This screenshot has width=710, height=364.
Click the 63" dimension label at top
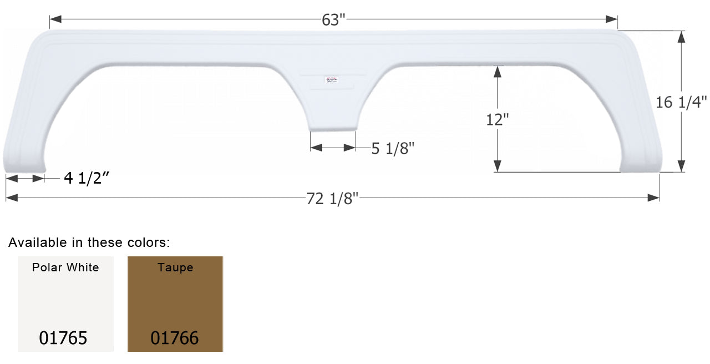(333, 19)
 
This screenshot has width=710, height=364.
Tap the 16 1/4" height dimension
(681, 102)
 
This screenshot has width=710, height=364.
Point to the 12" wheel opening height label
(498, 119)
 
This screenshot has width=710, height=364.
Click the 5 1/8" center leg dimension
(393, 149)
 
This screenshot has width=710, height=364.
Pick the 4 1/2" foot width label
(87, 179)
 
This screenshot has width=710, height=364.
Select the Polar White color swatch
(65, 304)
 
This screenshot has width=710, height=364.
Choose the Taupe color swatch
(175, 304)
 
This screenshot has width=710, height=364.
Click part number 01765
(63, 338)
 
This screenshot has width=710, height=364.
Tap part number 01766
(174, 338)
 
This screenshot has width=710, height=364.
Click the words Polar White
(65, 267)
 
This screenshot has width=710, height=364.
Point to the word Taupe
(175, 267)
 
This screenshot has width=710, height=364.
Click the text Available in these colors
(89, 242)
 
